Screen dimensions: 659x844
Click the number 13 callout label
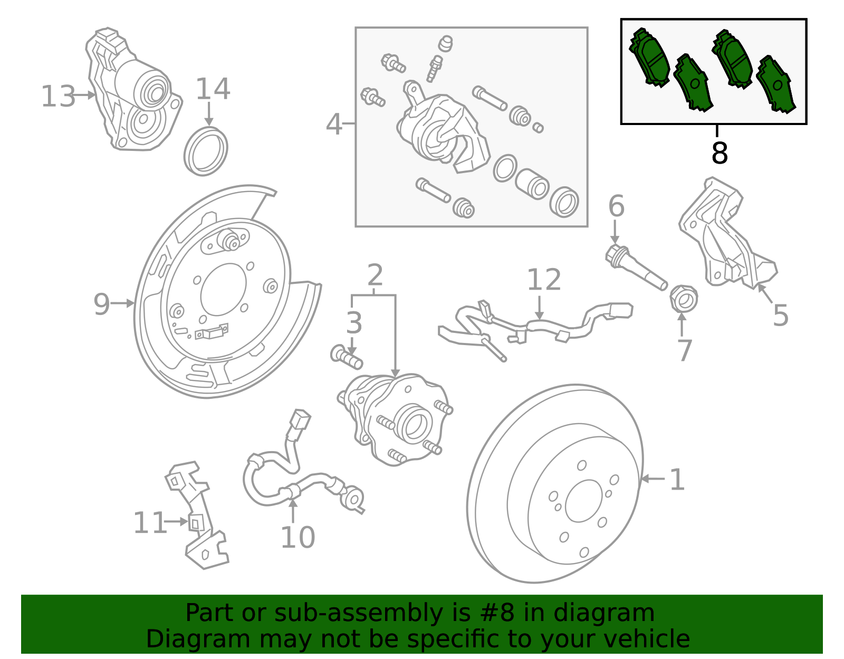[58, 97]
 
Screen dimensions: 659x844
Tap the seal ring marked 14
[206, 151]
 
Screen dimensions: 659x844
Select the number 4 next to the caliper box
[334, 125]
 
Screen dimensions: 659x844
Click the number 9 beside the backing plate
[101, 304]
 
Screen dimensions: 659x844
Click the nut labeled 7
[684, 299]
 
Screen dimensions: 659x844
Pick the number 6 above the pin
[616, 206]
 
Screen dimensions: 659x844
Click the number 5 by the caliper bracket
[780, 316]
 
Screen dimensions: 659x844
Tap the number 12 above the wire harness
[544, 280]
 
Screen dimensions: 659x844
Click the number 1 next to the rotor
[677, 480]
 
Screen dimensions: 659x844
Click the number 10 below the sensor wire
[298, 537]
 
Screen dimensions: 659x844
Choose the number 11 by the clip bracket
[150, 523]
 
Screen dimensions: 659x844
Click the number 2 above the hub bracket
[375, 275]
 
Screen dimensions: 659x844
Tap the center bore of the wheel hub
[413, 425]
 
